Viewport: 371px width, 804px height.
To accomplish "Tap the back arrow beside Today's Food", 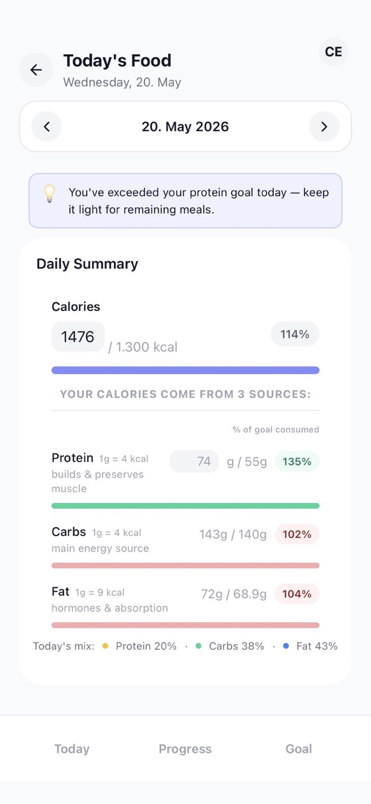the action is coord(36,70).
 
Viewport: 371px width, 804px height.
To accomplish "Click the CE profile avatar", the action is coord(334,52).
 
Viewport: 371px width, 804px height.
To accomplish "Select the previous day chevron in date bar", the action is coord(47,127).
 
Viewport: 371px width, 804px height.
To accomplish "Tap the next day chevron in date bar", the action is coord(324,127).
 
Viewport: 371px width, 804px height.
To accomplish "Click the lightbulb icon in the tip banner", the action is coord(49,193).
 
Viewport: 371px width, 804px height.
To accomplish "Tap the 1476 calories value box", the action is coord(78,337).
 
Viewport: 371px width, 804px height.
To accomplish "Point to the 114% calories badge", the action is coord(294,334).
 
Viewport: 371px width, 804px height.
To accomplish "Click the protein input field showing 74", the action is coord(194,461).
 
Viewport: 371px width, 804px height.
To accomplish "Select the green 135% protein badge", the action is coord(297,462).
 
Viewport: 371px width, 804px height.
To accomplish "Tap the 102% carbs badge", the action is coord(297,535).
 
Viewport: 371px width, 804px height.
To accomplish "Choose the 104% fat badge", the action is coord(297,594).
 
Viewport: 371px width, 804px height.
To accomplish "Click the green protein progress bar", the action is coord(185,505).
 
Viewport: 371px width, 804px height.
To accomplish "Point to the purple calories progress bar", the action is coord(185,370).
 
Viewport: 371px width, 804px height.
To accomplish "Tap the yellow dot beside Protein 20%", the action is coord(105,646).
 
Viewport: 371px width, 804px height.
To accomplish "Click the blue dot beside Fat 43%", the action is coord(286,646).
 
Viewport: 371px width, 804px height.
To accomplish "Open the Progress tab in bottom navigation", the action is coord(185,749).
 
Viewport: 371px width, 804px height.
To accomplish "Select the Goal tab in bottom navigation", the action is coord(299,749).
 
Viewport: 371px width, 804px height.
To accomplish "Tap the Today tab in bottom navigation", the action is coord(72,749).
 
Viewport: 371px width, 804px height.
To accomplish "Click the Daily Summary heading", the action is coord(87,264).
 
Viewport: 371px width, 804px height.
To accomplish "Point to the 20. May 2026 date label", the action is coord(185,127).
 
